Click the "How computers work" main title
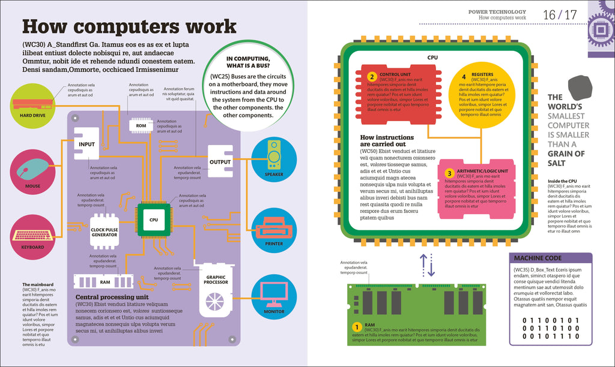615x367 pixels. click(x=129, y=27)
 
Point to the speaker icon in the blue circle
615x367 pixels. click(x=274, y=155)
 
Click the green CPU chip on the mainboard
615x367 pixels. click(x=154, y=220)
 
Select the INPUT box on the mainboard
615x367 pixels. click(x=86, y=145)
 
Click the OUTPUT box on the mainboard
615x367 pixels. click(x=220, y=162)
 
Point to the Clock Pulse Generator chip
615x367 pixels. click(x=105, y=230)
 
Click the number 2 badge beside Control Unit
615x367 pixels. click(x=372, y=77)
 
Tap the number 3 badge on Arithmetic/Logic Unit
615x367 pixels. click(x=448, y=173)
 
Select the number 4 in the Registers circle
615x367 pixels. click(x=464, y=77)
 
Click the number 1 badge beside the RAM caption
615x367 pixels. click(x=357, y=327)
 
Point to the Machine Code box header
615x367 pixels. click(x=550, y=258)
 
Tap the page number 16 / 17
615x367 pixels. click(x=560, y=14)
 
